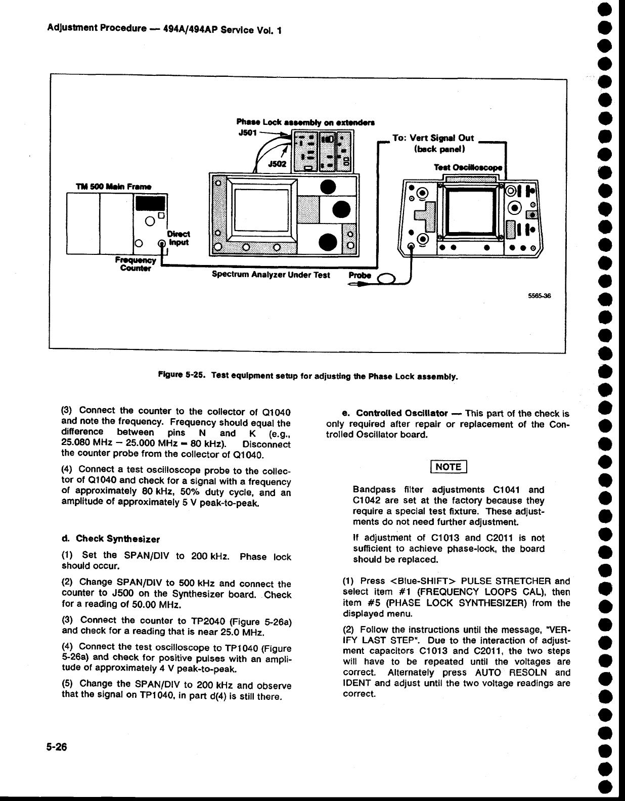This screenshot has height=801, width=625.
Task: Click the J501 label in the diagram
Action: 247,132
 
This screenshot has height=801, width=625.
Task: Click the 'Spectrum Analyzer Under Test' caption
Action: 271,276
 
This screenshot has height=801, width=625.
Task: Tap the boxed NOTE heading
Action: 449,467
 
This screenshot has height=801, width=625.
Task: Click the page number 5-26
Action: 57,747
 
